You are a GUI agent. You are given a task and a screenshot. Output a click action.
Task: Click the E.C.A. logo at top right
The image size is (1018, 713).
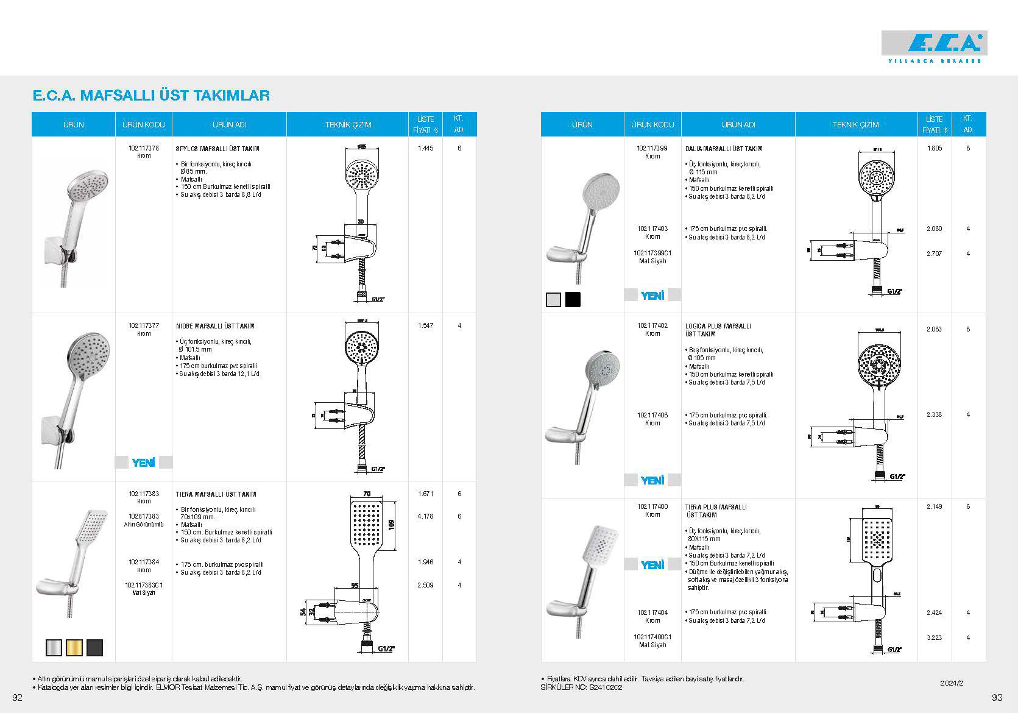[x=934, y=44]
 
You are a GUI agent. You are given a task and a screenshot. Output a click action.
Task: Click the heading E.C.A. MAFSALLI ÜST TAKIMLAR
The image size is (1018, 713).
[x=151, y=96]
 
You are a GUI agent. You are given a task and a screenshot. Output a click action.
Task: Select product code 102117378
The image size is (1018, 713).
[x=144, y=148]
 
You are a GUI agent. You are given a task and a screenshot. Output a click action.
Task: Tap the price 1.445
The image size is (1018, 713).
[x=425, y=148]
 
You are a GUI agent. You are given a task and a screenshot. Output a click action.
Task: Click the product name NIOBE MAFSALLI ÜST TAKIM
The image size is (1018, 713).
[x=215, y=326]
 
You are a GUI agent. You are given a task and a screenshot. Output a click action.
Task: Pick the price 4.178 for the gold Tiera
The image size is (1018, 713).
[x=425, y=516]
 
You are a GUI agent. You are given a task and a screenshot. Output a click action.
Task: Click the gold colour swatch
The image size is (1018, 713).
[x=74, y=647]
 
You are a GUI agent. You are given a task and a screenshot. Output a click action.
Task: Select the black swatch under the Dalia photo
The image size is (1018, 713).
[x=573, y=299]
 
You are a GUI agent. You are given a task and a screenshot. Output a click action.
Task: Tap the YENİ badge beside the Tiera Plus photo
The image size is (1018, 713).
[x=652, y=565]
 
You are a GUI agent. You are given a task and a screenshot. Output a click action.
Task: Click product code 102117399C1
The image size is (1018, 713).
[x=652, y=253]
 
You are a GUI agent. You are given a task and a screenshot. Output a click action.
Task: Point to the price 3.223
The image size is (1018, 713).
[x=934, y=637]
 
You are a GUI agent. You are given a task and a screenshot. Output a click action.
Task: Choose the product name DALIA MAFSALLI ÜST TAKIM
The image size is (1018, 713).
[x=724, y=149]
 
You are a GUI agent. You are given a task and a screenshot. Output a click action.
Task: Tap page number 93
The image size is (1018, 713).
[x=997, y=698]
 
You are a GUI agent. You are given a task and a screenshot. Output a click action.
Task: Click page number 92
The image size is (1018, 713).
[x=17, y=698]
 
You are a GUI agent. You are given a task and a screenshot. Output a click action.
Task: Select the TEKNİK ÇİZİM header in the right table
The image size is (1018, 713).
[x=855, y=124]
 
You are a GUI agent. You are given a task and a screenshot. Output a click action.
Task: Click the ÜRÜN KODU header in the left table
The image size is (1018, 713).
[x=144, y=124]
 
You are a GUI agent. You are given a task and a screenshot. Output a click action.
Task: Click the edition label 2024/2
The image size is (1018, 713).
[x=951, y=684]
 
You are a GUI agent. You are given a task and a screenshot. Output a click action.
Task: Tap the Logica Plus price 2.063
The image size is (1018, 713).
[x=934, y=329]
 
